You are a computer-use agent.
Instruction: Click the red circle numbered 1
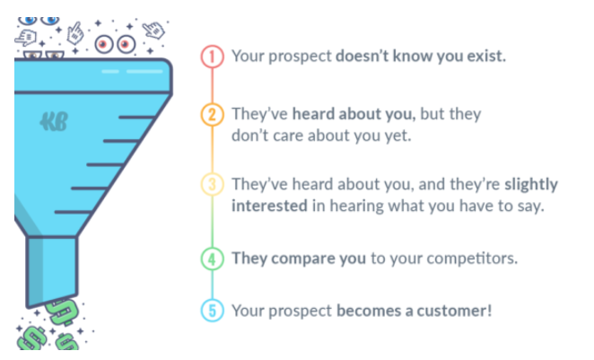tap(212, 57)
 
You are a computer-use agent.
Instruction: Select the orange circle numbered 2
tap(212, 114)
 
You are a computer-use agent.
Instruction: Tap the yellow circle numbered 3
tap(212, 184)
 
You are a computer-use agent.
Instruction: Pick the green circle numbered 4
tap(212, 259)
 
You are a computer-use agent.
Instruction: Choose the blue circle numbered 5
tap(212, 311)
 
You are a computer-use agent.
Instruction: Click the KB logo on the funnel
tap(54, 121)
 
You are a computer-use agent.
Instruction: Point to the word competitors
tap(472, 259)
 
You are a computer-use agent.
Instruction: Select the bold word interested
tap(269, 206)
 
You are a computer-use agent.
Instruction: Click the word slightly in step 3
tap(531, 185)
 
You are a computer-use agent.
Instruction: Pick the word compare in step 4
tap(303, 259)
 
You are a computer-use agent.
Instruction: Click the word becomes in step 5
tap(369, 311)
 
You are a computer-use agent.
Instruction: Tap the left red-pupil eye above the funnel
tap(104, 45)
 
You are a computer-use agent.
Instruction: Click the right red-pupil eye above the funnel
tap(126, 45)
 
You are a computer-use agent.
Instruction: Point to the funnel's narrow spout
tap(52, 270)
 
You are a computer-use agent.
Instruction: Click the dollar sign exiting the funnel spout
tap(62, 312)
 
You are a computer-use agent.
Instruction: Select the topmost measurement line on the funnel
tap(136, 118)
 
